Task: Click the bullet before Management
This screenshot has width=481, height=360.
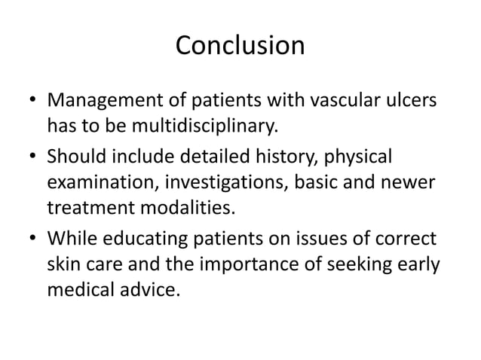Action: (x=29, y=100)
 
